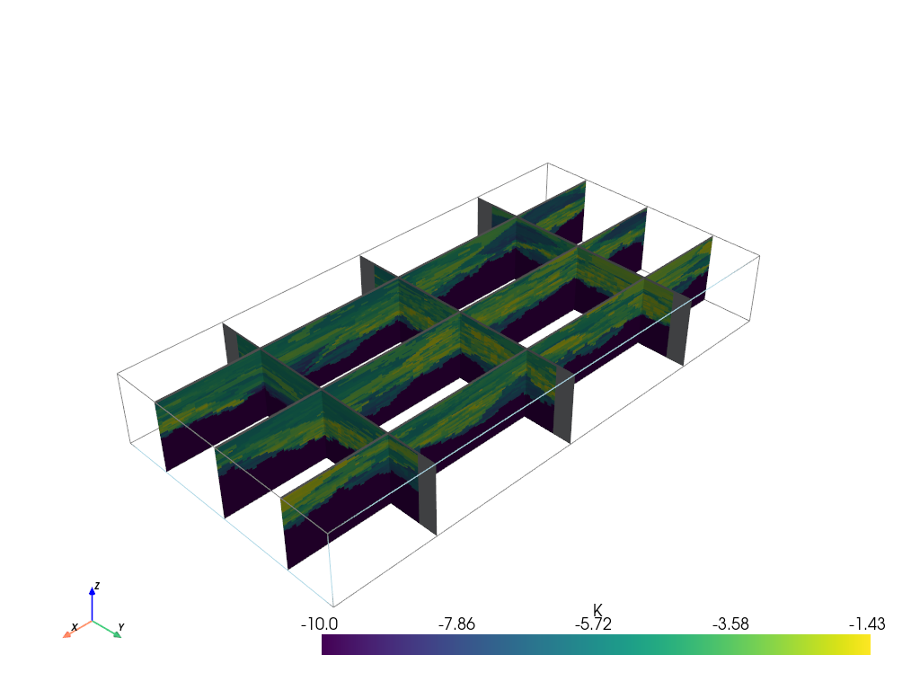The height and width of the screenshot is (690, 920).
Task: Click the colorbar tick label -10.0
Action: (319, 624)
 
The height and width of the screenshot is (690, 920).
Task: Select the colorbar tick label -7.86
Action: (456, 624)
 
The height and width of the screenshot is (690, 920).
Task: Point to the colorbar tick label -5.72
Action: (593, 624)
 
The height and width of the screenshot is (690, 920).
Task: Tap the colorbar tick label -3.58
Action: (730, 624)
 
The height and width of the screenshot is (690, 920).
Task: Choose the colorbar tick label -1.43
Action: (867, 624)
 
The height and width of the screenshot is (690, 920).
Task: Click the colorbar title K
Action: (597, 610)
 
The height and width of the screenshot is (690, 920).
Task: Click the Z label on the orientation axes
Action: (97, 586)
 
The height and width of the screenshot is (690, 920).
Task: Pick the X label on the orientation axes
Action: (75, 627)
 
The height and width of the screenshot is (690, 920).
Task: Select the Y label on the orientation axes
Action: (121, 627)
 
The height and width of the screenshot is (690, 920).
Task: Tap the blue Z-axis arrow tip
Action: (93, 588)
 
